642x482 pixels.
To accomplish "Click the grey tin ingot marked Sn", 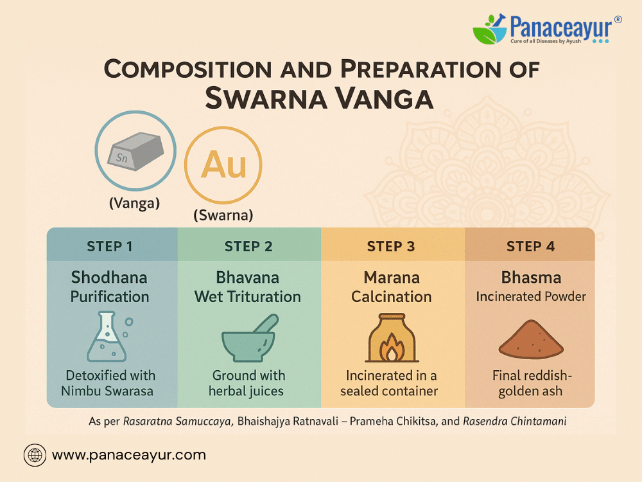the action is tap(135, 151).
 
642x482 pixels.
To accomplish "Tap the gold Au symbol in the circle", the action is tap(223, 165).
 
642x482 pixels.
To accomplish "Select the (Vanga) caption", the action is tap(134, 203).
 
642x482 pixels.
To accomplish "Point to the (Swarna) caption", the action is tap(223, 215).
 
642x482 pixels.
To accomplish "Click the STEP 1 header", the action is tap(109, 246).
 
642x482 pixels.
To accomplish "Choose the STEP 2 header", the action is tap(248, 246).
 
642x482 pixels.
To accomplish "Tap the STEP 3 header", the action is tap(390, 246).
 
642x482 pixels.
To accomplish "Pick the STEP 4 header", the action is tap(530, 246).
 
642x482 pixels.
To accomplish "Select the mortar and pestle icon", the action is tap(249, 339).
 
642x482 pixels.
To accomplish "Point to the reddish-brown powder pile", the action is tap(531, 339).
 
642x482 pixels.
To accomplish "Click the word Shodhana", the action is tap(109, 278).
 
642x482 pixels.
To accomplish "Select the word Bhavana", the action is tap(247, 278).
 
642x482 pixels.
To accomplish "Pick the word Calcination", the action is tap(392, 297).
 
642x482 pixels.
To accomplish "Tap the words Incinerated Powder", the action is tap(531, 296).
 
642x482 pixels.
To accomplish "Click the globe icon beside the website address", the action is tap(35, 456).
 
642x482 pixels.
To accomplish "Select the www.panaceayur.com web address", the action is tap(129, 455).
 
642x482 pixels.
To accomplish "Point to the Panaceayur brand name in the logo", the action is tap(561, 27).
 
